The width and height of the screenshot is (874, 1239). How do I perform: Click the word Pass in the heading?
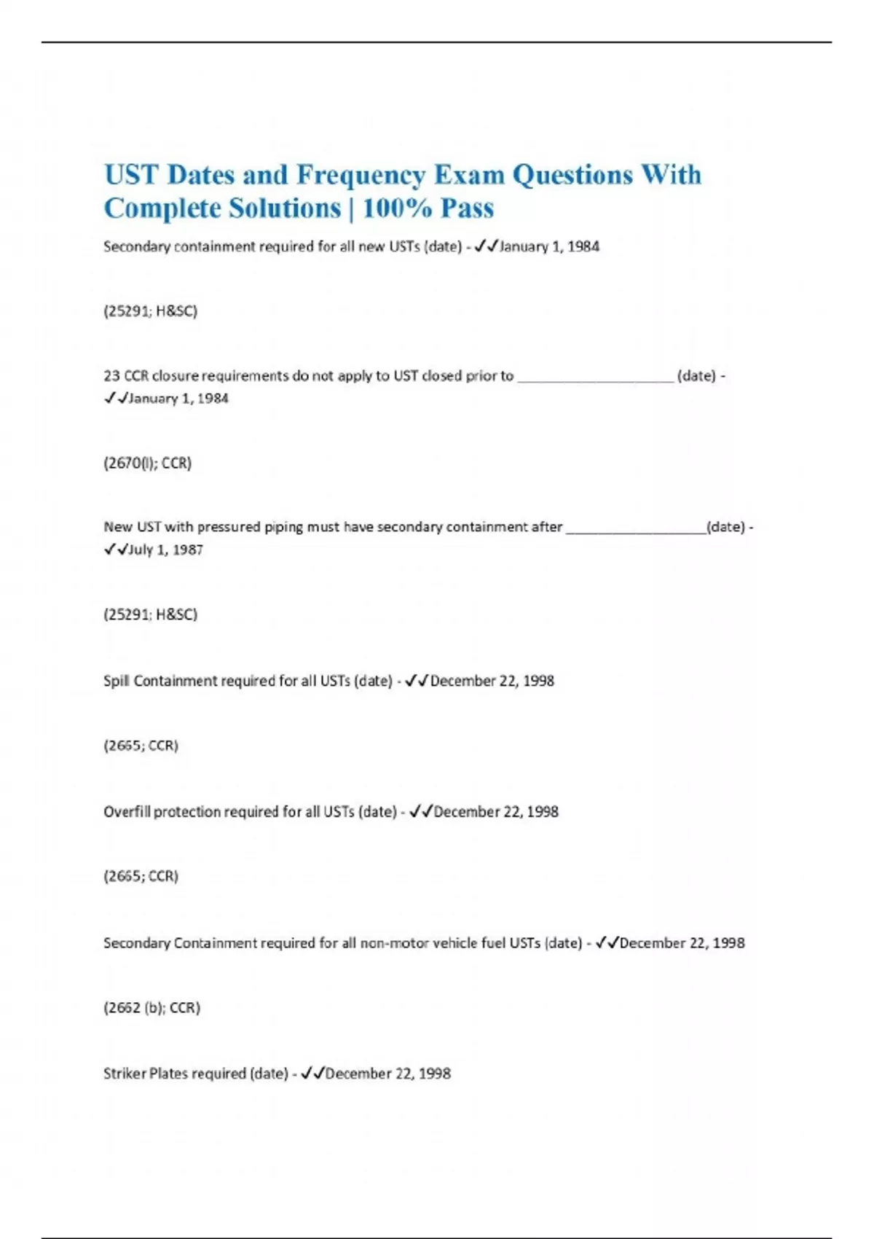point(467,208)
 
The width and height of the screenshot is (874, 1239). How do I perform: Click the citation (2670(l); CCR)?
point(147,463)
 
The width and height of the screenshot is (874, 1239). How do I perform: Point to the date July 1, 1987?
point(165,550)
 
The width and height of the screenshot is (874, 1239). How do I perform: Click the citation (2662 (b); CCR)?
point(151,1007)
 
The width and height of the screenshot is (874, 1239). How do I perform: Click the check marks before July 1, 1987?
point(115,550)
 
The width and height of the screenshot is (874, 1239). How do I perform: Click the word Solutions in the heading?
point(285,208)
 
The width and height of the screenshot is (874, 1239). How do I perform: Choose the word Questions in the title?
point(572,176)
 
